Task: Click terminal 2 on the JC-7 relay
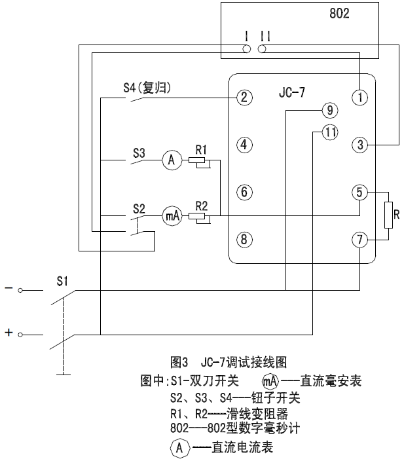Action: coord(244,98)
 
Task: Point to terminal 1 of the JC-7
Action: coord(360,98)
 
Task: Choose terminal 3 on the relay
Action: coord(360,145)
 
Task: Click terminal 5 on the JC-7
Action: coord(360,193)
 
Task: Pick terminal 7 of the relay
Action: coord(360,240)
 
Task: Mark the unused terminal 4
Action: coord(244,145)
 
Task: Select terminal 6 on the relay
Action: coord(244,193)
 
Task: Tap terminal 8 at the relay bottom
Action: coord(244,240)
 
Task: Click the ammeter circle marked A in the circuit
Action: coord(172,159)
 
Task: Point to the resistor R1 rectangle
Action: coord(197,160)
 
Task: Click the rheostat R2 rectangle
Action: coord(197,216)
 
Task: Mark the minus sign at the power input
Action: coord(9,289)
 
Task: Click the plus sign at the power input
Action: coord(9,333)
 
